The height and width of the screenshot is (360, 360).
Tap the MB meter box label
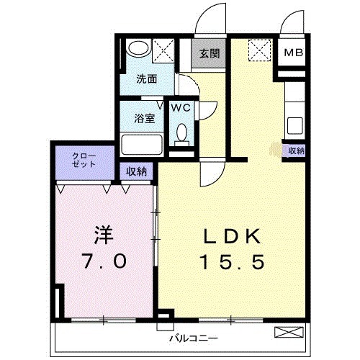point(293,53)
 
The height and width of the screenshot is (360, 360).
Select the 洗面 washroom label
point(147,79)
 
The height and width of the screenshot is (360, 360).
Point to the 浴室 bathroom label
point(144,119)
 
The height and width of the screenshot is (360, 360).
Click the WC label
point(181,108)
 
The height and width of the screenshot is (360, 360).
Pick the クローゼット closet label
point(84,159)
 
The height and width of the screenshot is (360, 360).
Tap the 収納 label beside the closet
point(137,171)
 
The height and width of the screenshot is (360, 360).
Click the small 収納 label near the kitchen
point(296,150)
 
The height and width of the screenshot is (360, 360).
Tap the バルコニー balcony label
point(194,336)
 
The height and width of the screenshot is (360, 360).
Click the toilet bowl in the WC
point(182,134)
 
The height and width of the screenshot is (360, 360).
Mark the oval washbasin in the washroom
point(138,50)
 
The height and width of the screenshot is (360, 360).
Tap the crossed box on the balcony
point(289,332)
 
